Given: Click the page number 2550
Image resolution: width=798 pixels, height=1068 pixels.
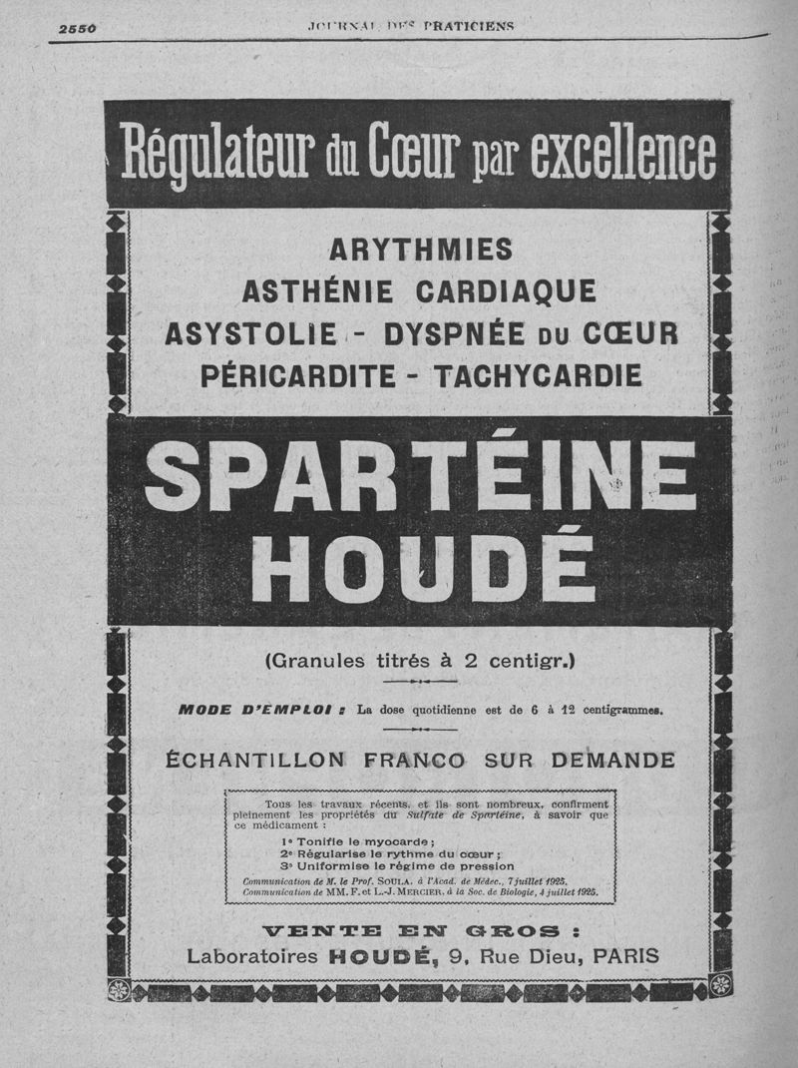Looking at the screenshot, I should (x=77, y=28).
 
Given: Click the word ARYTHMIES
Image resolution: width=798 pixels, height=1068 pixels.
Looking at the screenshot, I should (x=420, y=248).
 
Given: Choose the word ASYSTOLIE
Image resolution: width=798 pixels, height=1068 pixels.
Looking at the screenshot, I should (x=250, y=333).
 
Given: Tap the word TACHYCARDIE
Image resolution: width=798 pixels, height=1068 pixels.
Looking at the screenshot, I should (x=538, y=375).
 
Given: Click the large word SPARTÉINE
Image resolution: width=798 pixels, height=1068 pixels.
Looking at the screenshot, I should (x=420, y=476).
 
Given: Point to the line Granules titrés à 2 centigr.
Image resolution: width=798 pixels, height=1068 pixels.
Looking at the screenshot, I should (x=420, y=660).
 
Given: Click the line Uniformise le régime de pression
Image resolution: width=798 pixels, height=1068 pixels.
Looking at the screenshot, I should (x=397, y=866).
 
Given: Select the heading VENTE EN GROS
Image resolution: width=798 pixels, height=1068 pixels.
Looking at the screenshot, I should (x=420, y=931).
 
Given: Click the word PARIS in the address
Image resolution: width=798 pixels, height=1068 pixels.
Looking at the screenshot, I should (x=625, y=956).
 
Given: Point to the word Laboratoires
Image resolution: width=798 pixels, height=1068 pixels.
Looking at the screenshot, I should (x=253, y=956).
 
